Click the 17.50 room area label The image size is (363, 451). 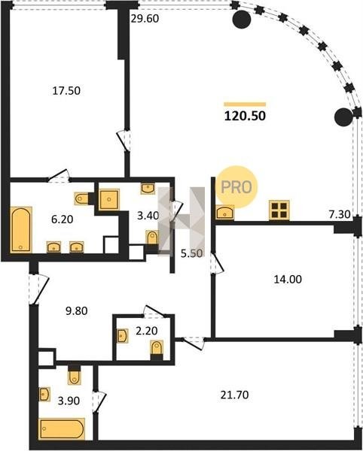(66, 91)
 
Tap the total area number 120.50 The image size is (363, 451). (245, 116)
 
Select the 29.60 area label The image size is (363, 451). (145, 19)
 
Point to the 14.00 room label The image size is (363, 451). (288, 279)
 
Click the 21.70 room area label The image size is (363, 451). (234, 395)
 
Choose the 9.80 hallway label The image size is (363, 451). (77, 311)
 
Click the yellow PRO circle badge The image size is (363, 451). (236, 187)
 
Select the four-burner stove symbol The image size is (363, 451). (279, 210)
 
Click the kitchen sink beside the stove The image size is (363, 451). (224, 212)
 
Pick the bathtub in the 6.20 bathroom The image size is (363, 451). (21, 229)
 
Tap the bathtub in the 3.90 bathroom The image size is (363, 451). (62, 429)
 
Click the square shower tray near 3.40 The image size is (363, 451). (108, 199)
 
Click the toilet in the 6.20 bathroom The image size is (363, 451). (81, 198)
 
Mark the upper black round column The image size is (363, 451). (242, 20)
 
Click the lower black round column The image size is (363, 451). (343, 117)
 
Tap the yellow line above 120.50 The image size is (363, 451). (245, 104)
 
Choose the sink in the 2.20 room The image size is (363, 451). (122, 336)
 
